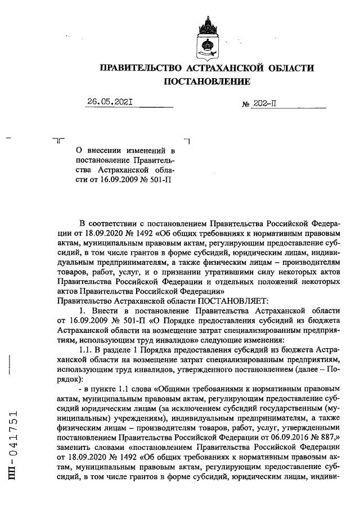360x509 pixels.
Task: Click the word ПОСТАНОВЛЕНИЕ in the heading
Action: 206,82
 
